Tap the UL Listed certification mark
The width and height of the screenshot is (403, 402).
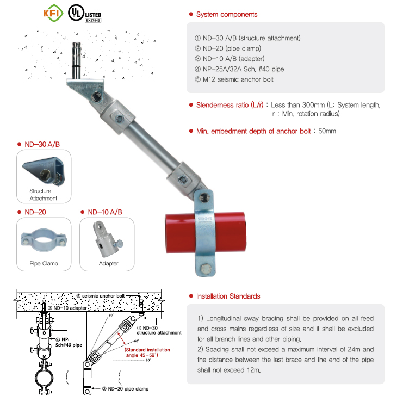[85, 14]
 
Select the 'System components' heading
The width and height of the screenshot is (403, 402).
[226, 14]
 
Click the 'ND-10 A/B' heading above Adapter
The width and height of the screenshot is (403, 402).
[104, 212]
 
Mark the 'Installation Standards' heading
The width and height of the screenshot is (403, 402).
[228, 296]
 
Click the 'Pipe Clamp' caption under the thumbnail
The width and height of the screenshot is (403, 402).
[44, 263]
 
